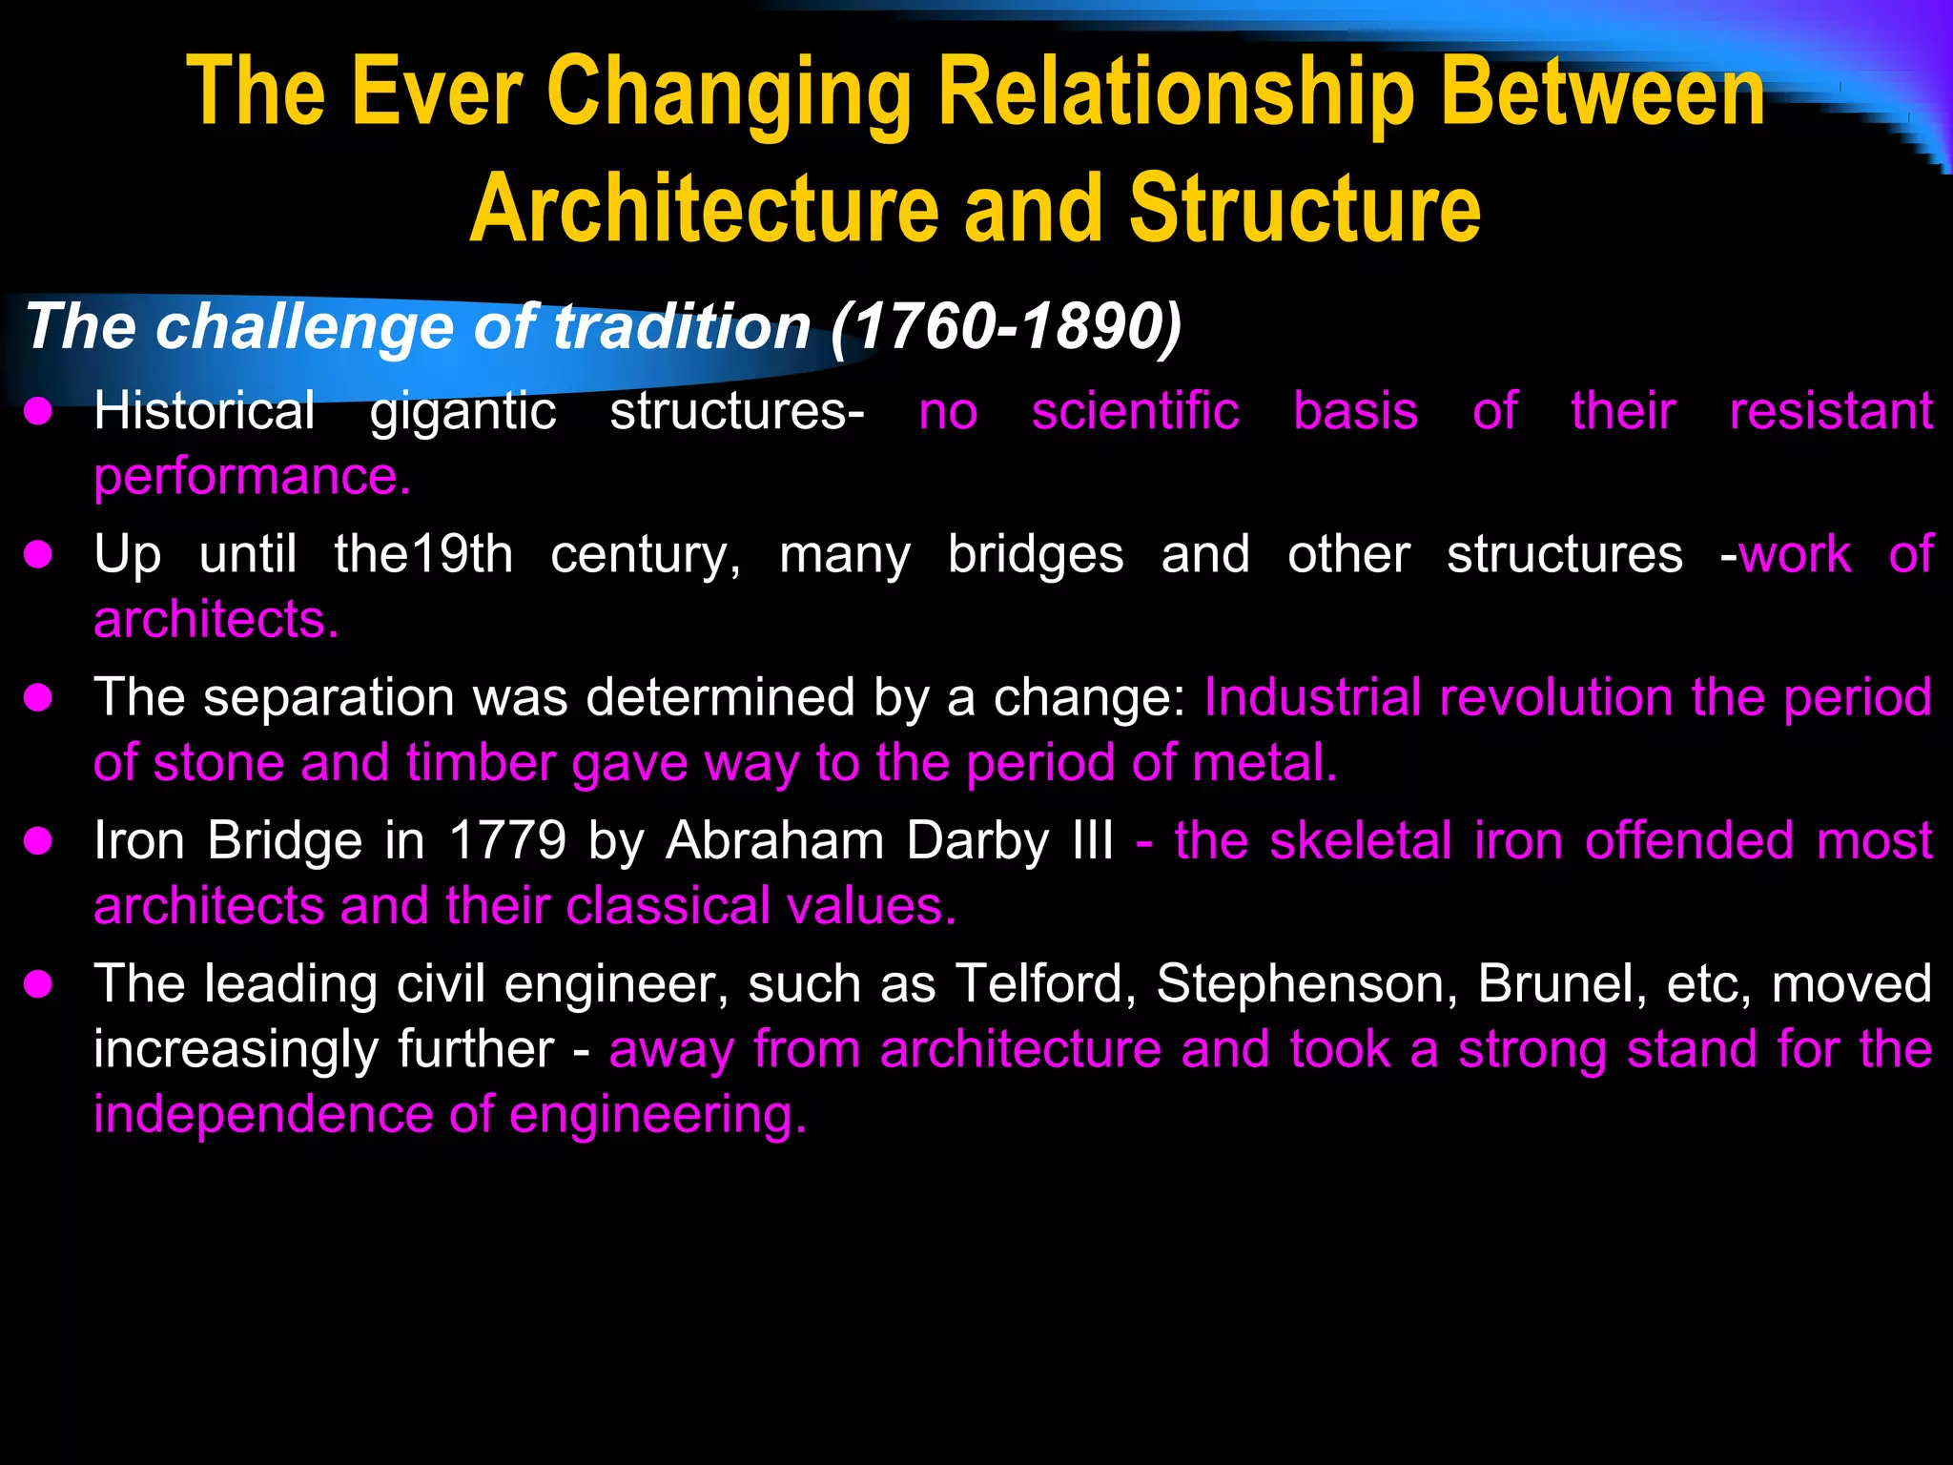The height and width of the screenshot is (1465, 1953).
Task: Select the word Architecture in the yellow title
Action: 705,209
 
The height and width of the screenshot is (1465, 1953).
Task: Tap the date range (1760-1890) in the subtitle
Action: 1006,327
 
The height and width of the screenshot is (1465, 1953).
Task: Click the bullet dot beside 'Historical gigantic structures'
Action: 38,412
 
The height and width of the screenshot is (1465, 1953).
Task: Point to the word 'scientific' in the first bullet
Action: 1135,412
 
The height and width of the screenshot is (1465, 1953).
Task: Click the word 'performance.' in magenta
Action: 252,477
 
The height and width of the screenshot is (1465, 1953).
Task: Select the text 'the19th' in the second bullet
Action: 423,555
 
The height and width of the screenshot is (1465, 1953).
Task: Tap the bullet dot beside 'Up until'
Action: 38,555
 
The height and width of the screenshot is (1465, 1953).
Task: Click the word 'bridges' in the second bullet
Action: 1036,555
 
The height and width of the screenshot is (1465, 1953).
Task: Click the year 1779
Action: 507,841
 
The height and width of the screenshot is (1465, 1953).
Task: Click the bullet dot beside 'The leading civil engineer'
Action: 38,984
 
